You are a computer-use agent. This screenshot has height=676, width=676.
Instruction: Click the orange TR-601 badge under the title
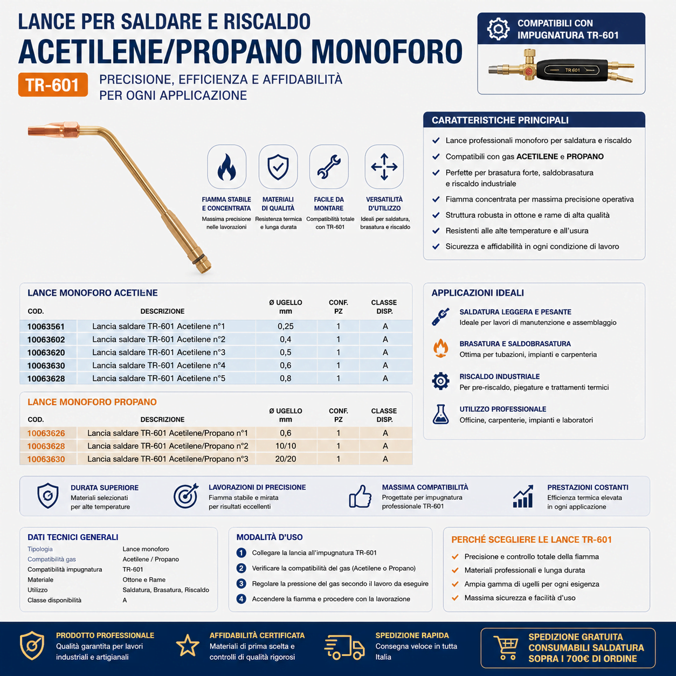point(53,85)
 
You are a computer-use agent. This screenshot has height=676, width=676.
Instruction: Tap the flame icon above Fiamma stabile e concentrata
point(226,167)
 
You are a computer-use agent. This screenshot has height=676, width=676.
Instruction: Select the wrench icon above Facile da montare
point(329,167)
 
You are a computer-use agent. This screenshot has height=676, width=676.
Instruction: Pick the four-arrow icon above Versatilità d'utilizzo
point(384,167)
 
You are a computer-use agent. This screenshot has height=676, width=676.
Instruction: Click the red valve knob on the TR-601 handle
point(529,72)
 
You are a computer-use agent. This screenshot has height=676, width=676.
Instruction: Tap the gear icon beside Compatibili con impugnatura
point(498,29)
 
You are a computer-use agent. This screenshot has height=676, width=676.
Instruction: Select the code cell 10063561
point(46,327)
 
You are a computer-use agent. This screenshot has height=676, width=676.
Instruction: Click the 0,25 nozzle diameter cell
point(286,326)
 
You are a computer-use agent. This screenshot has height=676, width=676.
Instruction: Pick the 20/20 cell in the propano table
point(286,459)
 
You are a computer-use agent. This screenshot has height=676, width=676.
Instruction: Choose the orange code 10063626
point(46,433)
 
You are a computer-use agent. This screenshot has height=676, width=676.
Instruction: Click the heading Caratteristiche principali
point(500,120)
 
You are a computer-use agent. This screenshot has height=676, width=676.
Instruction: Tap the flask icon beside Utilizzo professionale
point(440,414)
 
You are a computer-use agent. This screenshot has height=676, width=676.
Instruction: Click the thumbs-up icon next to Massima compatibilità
point(360,496)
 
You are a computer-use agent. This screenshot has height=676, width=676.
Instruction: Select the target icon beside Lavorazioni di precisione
point(186,496)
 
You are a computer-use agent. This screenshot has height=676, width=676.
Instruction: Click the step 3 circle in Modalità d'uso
point(241,583)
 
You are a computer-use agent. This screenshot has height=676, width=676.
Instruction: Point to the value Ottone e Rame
point(144,580)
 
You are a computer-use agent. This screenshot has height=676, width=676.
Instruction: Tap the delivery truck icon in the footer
point(344,647)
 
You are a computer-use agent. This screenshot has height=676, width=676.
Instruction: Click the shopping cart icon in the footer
point(506,647)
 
